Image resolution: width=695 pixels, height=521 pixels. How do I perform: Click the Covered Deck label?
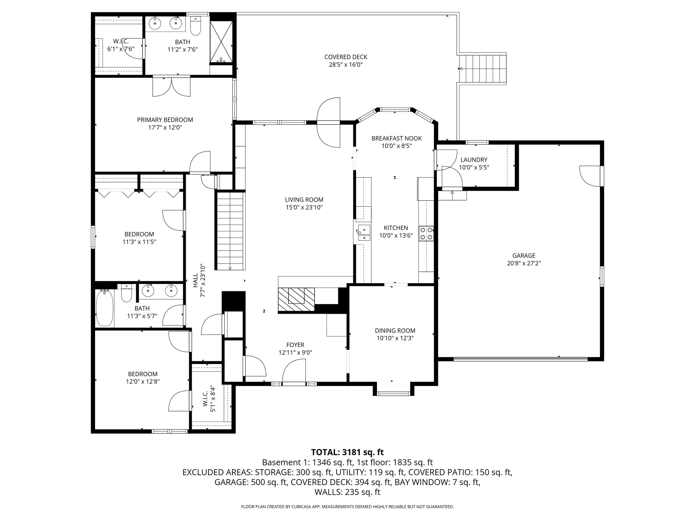(x=345, y=57)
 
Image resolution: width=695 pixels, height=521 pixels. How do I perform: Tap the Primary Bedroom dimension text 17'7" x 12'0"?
(x=165, y=128)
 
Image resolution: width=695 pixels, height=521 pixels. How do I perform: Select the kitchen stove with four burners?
(x=426, y=233)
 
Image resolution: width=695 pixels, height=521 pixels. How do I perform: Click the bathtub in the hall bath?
(x=105, y=308)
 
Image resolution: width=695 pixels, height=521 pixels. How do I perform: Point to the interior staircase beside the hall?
(x=230, y=231)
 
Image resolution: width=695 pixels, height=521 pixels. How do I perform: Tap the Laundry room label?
(x=474, y=160)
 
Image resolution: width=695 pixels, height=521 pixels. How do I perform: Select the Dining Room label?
(x=395, y=330)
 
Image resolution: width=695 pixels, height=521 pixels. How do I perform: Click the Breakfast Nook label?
(x=396, y=138)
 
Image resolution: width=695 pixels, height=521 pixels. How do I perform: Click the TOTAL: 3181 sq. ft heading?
(x=347, y=452)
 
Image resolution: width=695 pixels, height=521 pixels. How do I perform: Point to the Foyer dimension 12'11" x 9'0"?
(x=295, y=352)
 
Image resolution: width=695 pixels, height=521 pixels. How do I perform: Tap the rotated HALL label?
(x=195, y=281)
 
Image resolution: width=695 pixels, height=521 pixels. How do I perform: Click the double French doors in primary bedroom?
(x=171, y=87)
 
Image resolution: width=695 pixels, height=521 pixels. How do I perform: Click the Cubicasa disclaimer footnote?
(x=347, y=507)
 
